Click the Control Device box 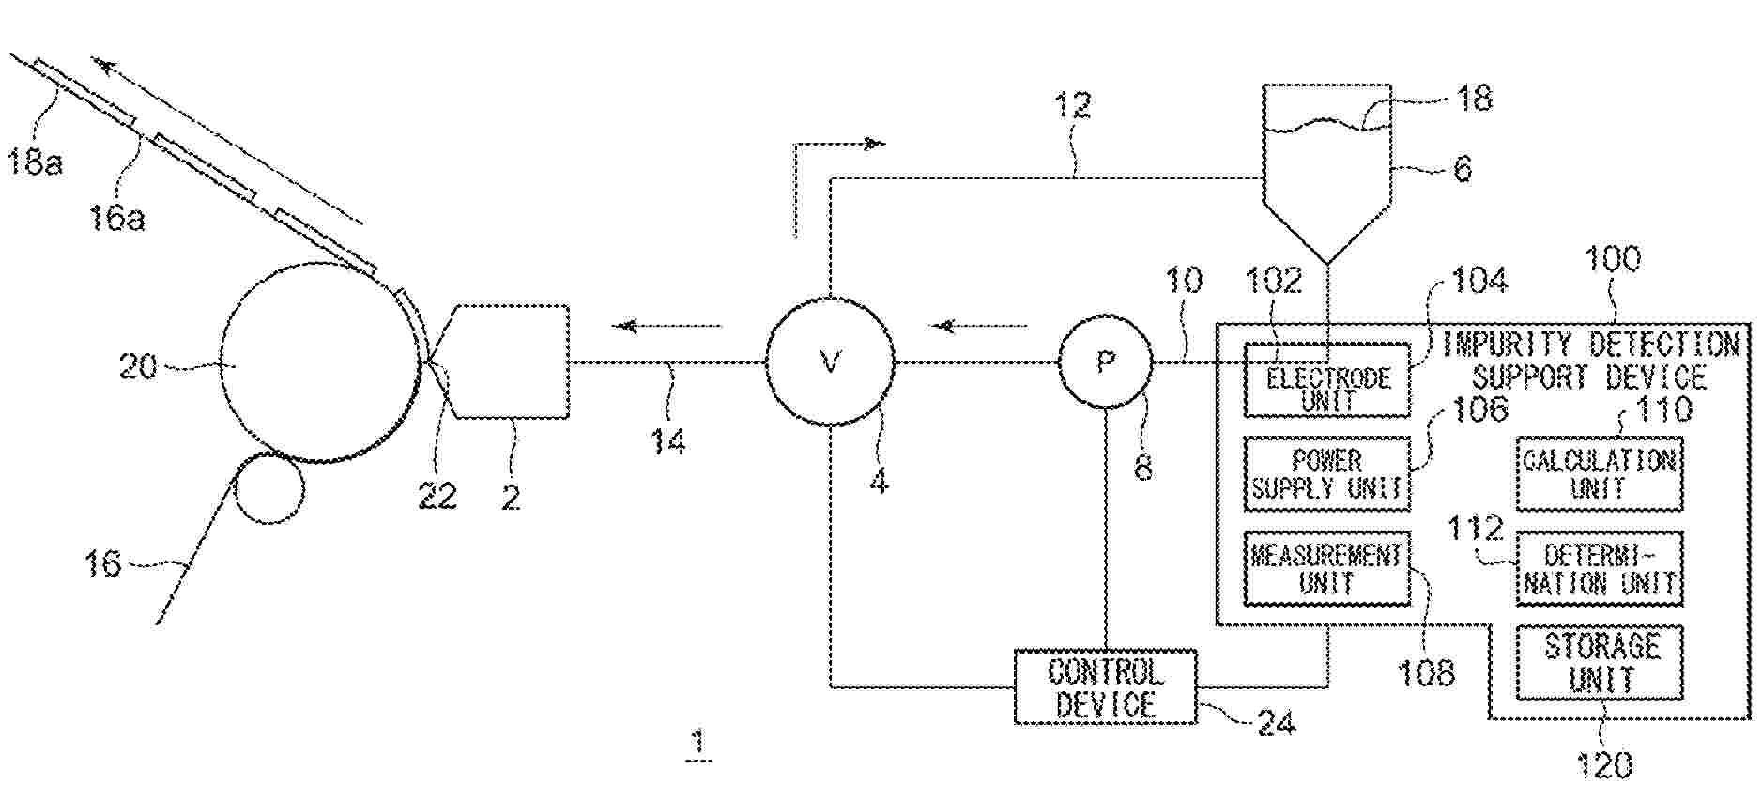point(1105,687)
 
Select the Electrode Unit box point(1326,380)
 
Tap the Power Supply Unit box point(1326,474)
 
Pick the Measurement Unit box point(1326,568)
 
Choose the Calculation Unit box point(1599,474)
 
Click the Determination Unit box point(1599,569)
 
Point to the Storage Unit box point(1600,663)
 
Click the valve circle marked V point(830,362)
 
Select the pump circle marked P point(1106,362)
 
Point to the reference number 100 point(1612,259)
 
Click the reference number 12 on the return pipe point(1072,105)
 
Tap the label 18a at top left point(36,162)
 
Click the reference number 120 point(1604,765)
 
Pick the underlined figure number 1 point(697,743)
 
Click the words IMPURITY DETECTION point(1590,345)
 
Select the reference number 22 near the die point(437,495)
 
